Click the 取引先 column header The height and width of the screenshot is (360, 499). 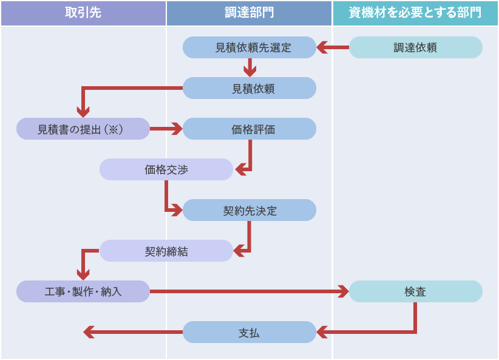83,13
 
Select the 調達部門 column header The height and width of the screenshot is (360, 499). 249,13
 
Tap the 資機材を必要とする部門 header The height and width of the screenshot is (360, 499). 415,13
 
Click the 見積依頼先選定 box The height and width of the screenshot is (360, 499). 249,47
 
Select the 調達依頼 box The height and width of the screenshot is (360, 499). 415,47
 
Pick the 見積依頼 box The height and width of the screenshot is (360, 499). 249,88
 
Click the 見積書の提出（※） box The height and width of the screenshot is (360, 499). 83,129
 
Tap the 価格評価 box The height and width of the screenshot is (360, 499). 249,129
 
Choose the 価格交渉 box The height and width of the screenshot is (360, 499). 166,169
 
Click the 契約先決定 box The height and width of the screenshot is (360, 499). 249,210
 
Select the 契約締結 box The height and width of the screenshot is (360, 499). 166,251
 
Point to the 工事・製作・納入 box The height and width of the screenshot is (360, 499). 83,291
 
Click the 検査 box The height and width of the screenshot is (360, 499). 415,291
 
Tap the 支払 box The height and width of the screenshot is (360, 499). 249,332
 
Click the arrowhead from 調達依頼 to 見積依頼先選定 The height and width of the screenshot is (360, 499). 322,47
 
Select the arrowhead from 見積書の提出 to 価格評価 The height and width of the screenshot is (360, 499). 177,129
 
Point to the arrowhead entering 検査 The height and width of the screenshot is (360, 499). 343,291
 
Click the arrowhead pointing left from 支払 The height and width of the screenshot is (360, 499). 89,332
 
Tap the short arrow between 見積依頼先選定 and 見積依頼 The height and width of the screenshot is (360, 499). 249,68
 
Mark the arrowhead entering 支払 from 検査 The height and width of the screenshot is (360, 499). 322,332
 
